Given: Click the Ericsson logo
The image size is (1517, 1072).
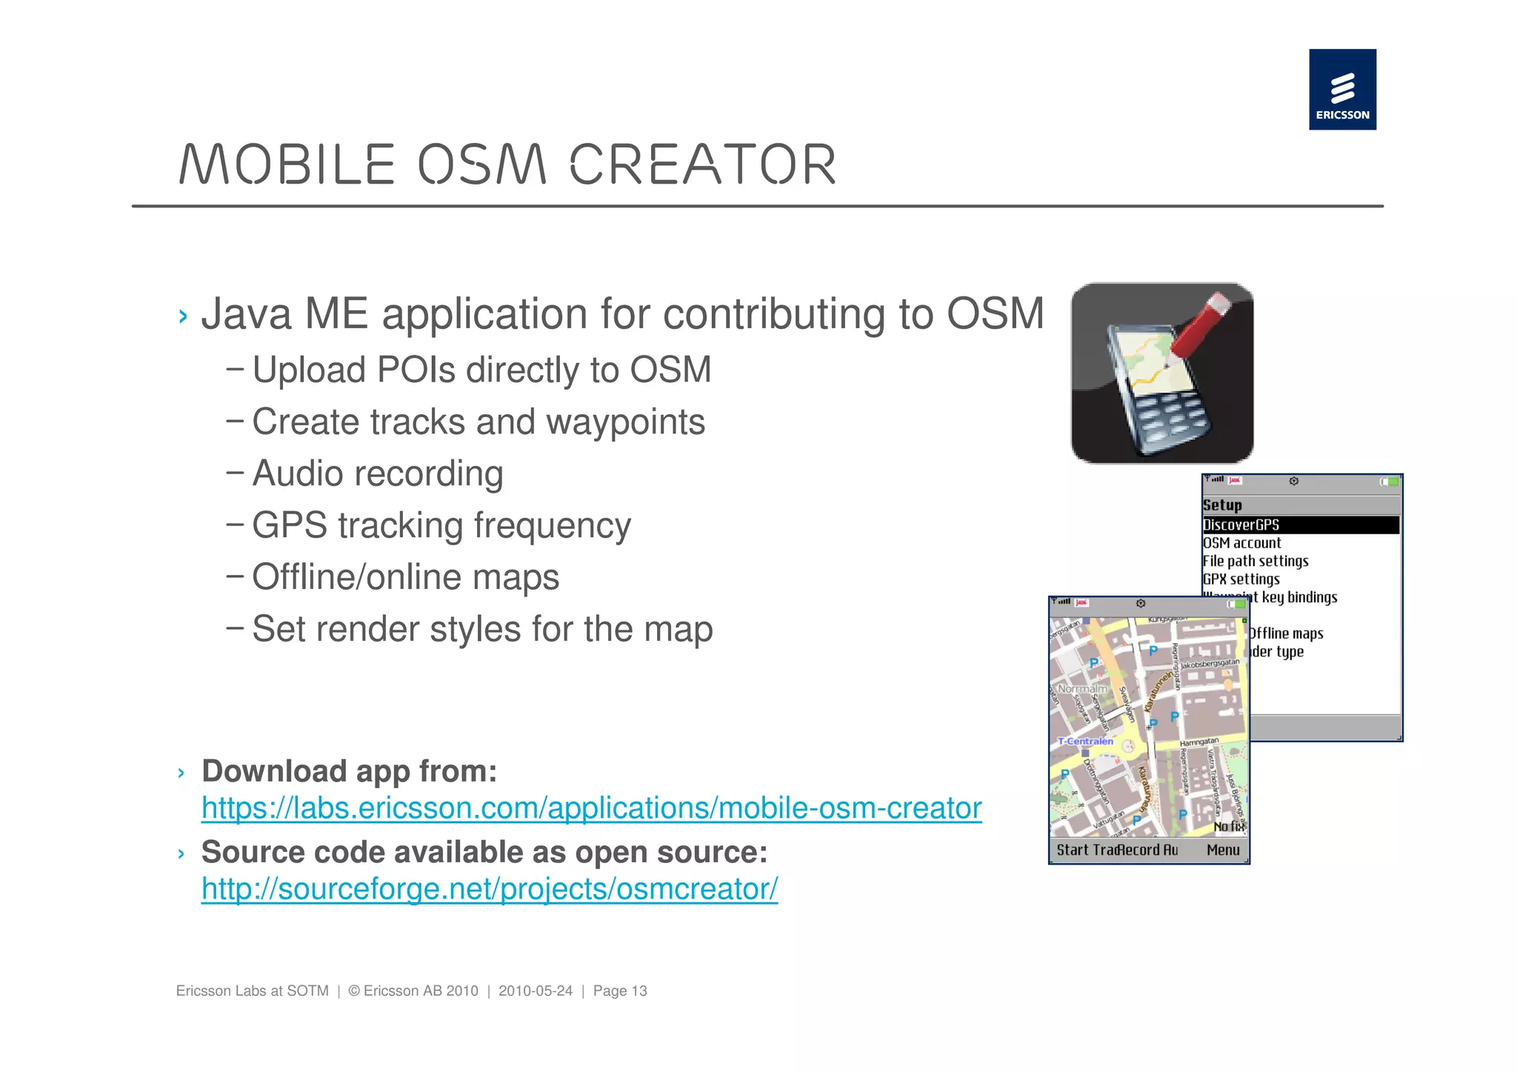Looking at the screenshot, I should [1341, 90].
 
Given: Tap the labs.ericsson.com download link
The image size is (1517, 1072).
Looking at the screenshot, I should [591, 808].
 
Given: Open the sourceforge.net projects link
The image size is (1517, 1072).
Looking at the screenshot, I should [489, 888].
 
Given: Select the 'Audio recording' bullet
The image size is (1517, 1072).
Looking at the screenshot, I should [377, 473].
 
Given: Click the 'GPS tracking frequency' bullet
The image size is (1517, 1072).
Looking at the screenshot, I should [441, 525].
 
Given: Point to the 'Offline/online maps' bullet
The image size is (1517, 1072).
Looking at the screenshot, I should [405, 577].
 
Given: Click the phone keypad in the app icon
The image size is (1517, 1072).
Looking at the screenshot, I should [1170, 419].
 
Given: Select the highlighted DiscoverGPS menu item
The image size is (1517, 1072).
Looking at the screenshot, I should [1241, 525].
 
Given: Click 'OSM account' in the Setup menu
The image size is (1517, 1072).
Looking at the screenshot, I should [1241, 543].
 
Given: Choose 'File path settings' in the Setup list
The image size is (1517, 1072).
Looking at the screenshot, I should [1255, 561].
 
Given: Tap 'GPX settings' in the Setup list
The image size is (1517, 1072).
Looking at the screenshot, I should [1241, 579].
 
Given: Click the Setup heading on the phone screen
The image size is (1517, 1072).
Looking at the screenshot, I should [1222, 505].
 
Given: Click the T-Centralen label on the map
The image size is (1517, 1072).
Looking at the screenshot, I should [1085, 741].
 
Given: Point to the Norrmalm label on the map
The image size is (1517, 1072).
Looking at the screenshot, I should [1082, 688].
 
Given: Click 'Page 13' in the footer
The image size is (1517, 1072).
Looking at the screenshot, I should [620, 991].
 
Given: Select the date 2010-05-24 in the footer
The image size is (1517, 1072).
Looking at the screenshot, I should [535, 991].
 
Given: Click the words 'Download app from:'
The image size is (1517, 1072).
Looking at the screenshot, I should [349, 771].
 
